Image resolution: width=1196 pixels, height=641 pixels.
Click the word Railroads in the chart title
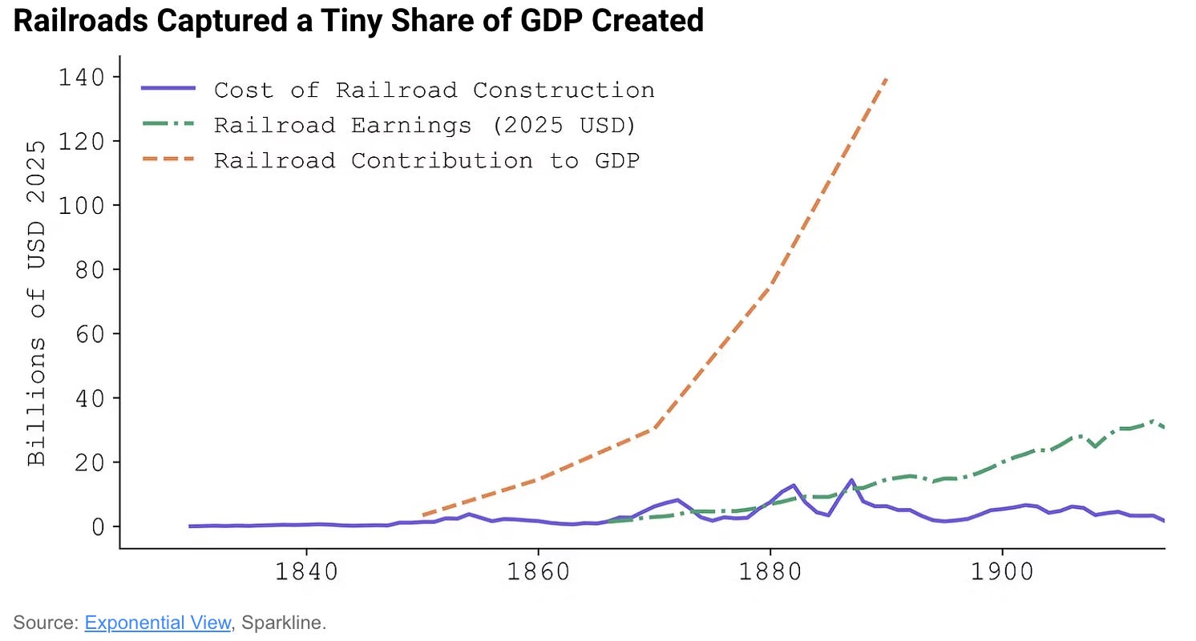coord(81,21)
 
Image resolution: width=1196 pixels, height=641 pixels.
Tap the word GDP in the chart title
coord(552,21)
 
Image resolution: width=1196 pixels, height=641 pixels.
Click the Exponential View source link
coord(157,623)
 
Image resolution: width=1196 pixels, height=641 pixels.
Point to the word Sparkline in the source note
coord(281,623)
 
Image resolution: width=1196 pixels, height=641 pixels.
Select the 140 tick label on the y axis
coord(81,78)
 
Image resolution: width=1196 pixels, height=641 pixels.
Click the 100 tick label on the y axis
coord(81,205)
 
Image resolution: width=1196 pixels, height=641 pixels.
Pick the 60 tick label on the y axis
coord(89,334)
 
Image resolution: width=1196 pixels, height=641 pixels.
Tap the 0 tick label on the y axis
coord(98,527)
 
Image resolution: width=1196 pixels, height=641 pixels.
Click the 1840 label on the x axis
coord(306,571)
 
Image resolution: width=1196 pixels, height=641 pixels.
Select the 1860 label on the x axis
coord(538,571)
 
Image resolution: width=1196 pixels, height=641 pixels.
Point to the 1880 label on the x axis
coord(770,571)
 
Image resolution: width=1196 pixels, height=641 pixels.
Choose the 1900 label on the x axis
coord(1002,571)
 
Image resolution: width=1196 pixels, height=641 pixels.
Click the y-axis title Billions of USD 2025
coord(36,303)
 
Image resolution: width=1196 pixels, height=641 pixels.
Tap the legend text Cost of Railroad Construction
coord(434,91)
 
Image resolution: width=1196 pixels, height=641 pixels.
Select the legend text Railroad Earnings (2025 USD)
coord(425,126)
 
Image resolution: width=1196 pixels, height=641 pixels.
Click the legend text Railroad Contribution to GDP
coord(426,160)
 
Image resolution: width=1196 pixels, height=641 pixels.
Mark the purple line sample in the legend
coord(168,88)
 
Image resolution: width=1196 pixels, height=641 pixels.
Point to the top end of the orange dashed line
coord(887,79)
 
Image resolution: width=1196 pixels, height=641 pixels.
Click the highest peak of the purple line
coord(851,480)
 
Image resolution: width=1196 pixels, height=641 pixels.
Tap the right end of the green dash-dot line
coord(1164,428)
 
